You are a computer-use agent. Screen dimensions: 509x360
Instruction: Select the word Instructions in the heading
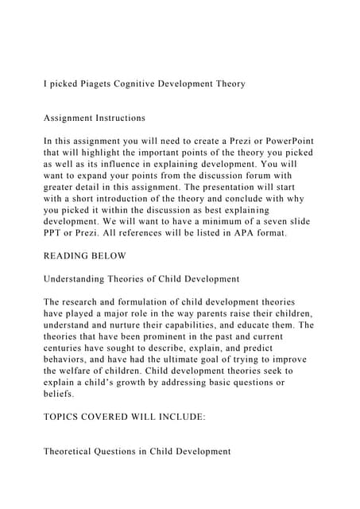pyautogui.click(x=119, y=119)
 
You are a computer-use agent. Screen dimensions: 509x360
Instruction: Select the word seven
pyautogui.click(x=282, y=222)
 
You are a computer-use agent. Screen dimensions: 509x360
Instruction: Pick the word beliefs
pyautogui.click(x=60, y=394)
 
